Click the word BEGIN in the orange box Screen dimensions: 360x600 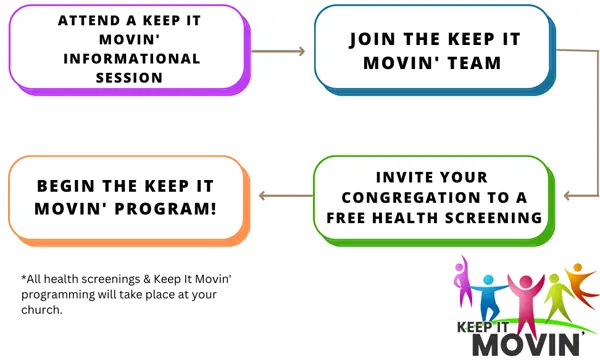tap(72, 185)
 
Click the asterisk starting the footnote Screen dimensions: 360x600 tap(22, 276)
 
